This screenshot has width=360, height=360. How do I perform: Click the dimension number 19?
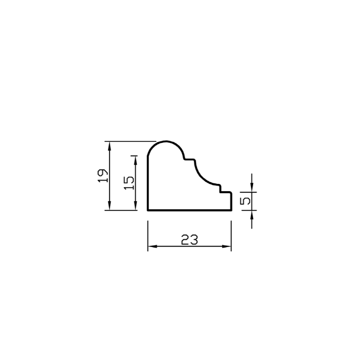coord(102,176)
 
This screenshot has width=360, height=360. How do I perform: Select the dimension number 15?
coord(129,183)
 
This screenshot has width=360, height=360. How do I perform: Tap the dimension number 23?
coord(189,239)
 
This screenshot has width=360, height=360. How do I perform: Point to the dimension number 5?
coord(245,201)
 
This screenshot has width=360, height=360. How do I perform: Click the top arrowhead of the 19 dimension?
coord(110,146)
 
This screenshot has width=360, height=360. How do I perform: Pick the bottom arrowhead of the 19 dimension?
coord(110,205)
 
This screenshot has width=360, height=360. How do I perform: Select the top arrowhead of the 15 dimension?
coord(136,160)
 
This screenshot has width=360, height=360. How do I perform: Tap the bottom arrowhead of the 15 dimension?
coord(136,205)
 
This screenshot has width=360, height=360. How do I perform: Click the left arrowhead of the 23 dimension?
coord(152,246)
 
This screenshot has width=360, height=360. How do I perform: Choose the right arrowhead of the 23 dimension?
coord(227,246)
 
